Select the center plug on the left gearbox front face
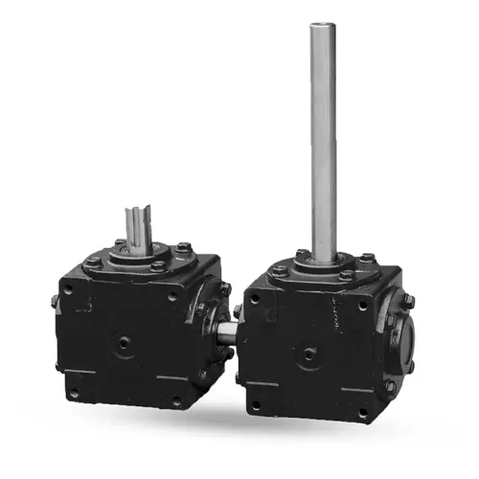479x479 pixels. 123,341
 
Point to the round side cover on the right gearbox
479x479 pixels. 401,335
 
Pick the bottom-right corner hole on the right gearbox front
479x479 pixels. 363,413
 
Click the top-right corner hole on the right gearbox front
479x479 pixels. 363,305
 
